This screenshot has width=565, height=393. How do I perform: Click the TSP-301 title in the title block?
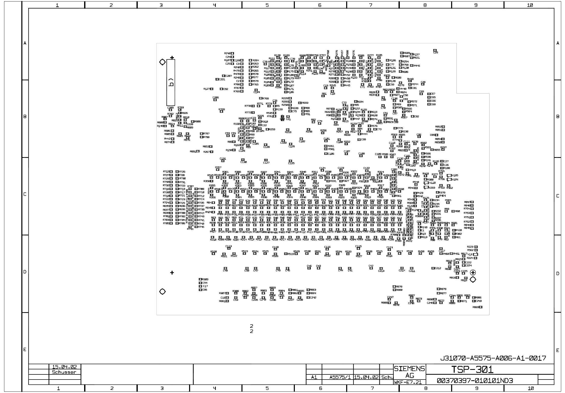coord(472,370)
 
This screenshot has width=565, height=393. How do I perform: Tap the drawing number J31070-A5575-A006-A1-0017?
coord(493,358)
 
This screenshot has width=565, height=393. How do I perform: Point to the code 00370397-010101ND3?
coord(475,381)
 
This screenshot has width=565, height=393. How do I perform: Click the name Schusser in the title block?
coord(64,372)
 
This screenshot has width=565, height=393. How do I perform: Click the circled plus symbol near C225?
coord(473,273)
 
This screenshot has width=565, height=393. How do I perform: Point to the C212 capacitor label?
coord(438,268)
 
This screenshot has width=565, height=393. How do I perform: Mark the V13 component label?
coord(470,254)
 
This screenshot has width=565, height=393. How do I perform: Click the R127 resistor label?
coord(207,89)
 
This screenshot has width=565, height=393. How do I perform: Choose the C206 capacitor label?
coord(216,98)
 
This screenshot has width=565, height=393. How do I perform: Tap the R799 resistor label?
coord(222,110)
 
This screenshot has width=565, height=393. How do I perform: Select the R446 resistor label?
coord(417,66)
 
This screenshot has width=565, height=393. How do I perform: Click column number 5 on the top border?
coord(267,5)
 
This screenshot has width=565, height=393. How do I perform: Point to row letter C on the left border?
coord(25,194)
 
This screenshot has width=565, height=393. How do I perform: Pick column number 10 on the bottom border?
coord(531,388)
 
